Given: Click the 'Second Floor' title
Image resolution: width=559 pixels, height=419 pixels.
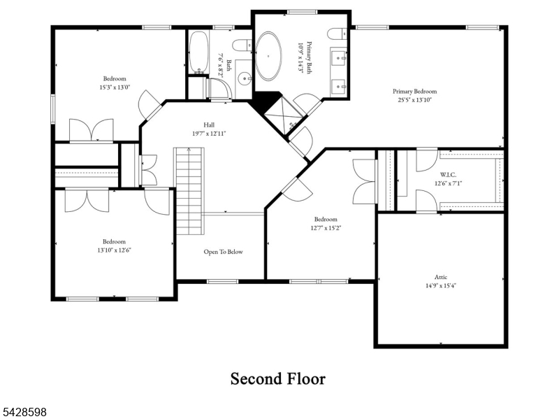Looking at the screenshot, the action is (x=277, y=378).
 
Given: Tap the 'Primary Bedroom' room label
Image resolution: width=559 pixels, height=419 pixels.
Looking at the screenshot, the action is (x=414, y=92).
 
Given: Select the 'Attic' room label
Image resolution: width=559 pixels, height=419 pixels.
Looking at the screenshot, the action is (x=441, y=277).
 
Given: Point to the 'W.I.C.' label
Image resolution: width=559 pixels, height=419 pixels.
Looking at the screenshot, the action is (x=448, y=175).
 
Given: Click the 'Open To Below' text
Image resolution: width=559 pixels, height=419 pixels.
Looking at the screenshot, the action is (x=223, y=252).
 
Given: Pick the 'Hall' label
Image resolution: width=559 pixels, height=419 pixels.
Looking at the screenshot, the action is (x=209, y=125).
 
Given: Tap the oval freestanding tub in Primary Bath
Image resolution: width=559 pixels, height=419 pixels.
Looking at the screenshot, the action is (x=268, y=56).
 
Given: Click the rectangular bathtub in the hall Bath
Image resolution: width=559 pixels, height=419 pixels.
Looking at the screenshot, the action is (x=198, y=52).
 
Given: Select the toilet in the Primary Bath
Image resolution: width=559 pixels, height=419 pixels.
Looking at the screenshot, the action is (x=337, y=34).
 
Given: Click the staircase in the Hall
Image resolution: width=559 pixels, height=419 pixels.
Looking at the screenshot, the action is (x=189, y=191).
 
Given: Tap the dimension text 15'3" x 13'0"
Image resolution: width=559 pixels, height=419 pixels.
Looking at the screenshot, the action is (x=115, y=87).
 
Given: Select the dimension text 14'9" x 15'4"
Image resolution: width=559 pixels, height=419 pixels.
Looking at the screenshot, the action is (x=441, y=285).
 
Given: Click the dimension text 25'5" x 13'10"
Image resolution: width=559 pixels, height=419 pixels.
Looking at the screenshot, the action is (x=414, y=100).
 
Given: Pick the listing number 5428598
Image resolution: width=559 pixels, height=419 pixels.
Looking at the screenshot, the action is (x=23, y=412).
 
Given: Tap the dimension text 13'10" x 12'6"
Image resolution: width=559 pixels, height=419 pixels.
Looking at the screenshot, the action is (x=114, y=250).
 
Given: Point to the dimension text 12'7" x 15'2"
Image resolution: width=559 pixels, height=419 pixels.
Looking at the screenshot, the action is (x=326, y=228).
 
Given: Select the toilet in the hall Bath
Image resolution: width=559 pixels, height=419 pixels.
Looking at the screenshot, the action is (x=242, y=45).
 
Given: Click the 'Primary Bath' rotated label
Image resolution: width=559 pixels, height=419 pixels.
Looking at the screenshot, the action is (x=309, y=58).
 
